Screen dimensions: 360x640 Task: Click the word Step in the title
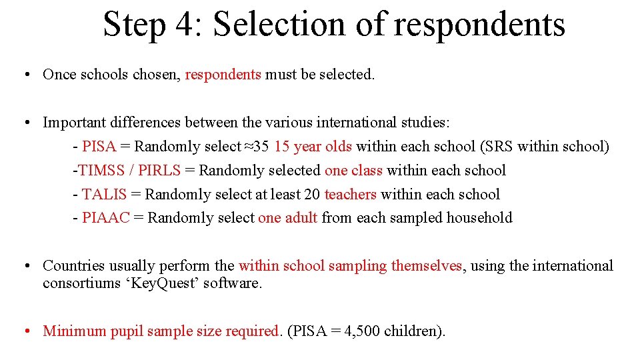133,25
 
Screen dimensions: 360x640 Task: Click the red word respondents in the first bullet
223,75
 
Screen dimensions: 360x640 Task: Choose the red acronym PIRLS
159,171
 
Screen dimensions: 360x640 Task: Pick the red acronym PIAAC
106,218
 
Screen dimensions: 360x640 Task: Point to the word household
479,218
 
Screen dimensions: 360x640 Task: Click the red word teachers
350,195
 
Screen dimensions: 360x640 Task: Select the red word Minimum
74,331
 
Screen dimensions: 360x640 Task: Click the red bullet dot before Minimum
25,331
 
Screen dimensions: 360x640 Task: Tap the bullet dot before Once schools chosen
25,75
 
